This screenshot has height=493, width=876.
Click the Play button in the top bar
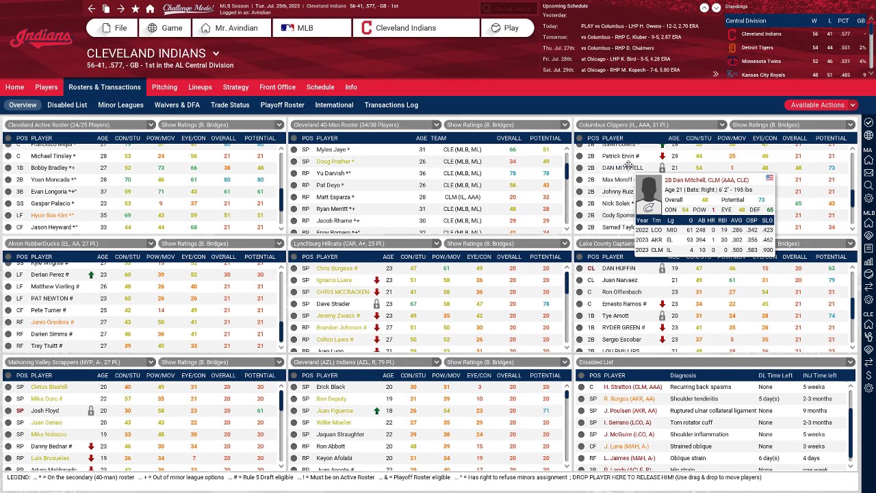[x=504, y=28]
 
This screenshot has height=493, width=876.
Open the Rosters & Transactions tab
[x=105, y=87]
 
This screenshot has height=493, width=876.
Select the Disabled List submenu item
[x=67, y=105]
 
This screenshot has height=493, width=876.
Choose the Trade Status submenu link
[x=230, y=105]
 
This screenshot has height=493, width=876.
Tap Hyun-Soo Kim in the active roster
[x=51, y=215]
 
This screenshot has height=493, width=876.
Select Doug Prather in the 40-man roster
[x=334, y=162]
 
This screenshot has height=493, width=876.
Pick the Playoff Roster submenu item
[x=282, y=105]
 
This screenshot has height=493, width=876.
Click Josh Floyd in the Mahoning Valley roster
[x=44, y=411]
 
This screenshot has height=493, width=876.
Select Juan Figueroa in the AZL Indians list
[x=334, y=411]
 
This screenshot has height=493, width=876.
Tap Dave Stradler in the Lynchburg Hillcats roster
[x=333, y=304]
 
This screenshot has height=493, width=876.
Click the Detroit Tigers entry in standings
[x=757, y=47]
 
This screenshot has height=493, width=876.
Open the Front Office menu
[x=277, y=87]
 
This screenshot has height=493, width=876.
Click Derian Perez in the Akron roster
[x=49, y=275]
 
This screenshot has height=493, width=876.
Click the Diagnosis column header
[x=682, y=375]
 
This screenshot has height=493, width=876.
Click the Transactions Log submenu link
[x=391, y=105]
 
